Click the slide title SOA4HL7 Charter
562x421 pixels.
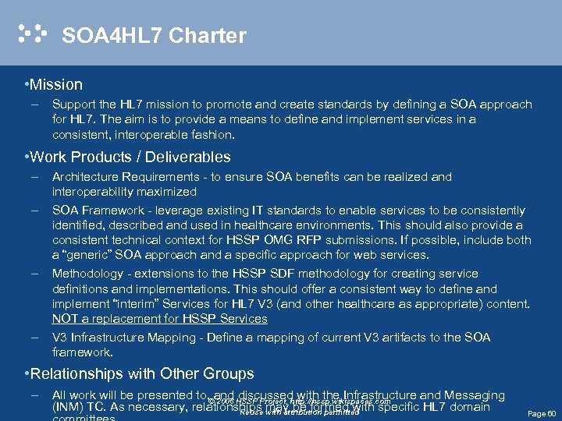coord(154,36)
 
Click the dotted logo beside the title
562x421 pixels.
coord(33,34)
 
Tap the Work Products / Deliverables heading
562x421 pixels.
coord(131,157)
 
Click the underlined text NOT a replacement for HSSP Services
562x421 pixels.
coord(159,318)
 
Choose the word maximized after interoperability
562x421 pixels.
coord(169,192)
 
